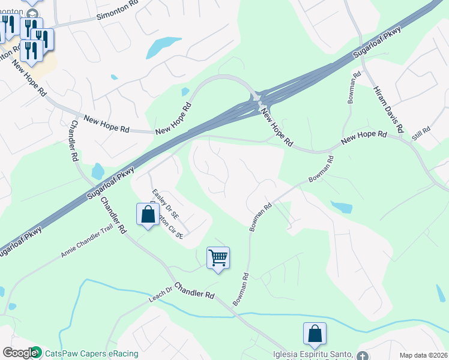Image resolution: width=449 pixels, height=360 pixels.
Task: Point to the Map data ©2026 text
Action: click(x=423, y=355)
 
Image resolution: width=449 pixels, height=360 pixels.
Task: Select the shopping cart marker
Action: click(x=218, y=259)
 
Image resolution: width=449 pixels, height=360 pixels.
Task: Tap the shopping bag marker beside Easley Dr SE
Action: click(x=148, y=214)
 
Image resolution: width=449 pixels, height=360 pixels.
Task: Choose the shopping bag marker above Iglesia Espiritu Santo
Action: click(x=315, y=334)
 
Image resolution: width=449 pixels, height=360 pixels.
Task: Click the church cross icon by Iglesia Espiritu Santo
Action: click(x=360, y=354)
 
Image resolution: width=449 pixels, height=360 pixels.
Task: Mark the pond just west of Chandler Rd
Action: click(x=97, y=172)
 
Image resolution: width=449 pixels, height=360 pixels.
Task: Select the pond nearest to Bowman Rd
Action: click(x=342, y=208)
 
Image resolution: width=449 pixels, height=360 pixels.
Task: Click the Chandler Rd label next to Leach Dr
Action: click(x=194, y=291)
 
